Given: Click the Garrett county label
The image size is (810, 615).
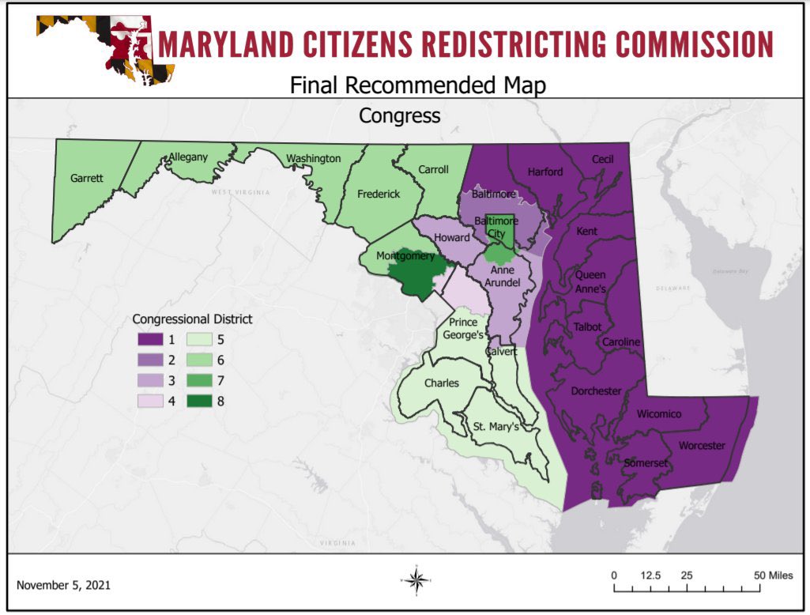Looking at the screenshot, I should pyautogui.click(x=86, y=179).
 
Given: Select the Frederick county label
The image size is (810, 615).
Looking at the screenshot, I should pyautogui.click(x=379, y=194).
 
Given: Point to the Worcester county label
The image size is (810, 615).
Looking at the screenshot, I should pyautogui.click(x=701, y=446).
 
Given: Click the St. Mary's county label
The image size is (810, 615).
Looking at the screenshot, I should pyautogui.click(x=495, y=428).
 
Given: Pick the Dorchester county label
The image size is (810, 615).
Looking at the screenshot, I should pyautogui.click(x=596, y=391).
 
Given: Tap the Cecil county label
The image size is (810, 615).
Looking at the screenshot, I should pyautogui.click(x=602, y=160).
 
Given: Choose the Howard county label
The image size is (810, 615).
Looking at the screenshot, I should pyautogui.click(x=453, y=237).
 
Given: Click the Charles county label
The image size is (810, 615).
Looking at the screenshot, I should pyautogui.click(x=441, y=383).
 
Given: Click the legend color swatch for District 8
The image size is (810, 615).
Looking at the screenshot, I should pyautogui.click(x=202, y=401).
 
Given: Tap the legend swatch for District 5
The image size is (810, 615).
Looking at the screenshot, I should pyautogui.click(x=202, y=341).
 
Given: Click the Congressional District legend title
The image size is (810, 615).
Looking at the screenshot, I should pyautogui.click(x=192, y=319).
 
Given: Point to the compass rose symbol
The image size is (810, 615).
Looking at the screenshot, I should pyautogui.click(x=418, y=580).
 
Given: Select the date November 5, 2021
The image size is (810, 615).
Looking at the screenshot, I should pyautogui.click(x=63, y=586).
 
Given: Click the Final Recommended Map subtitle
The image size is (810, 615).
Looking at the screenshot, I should pyautogui.click(x=417, y=85).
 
